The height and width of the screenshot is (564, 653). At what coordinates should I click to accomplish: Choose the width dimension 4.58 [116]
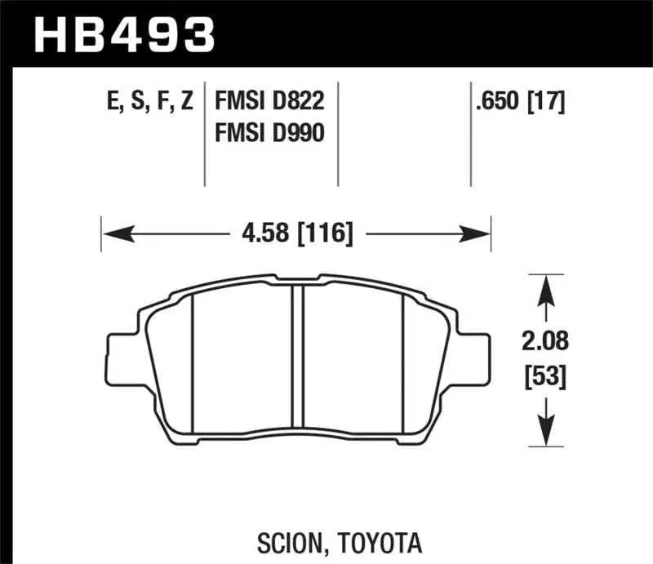point(297,235)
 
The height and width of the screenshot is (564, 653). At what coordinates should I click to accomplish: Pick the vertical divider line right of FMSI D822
point(338,135)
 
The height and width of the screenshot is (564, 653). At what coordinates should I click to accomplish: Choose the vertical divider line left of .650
point(470,135)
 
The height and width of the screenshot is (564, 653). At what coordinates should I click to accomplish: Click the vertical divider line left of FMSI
point(204,135)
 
